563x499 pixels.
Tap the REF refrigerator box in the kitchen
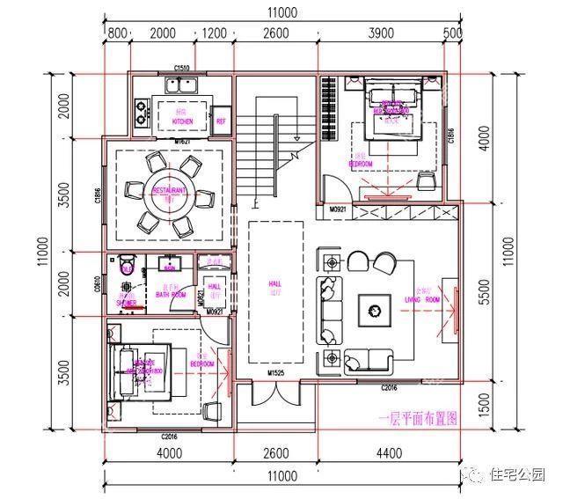(221, 120)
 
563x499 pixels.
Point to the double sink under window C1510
(183, 84)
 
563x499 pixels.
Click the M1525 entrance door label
(275, 375)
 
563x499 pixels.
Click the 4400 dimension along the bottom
(387, 454)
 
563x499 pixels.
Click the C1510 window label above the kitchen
(183, 68)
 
